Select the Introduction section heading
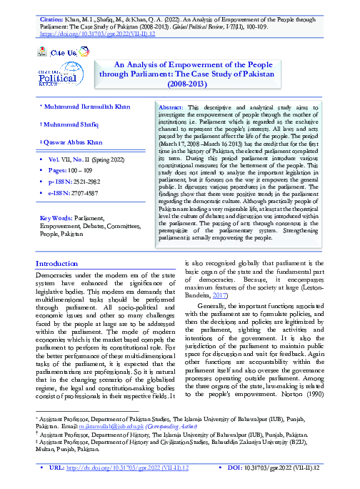(61, 264)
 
